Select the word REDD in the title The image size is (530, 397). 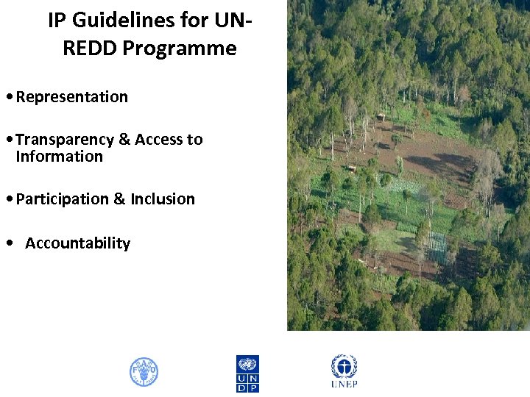90,49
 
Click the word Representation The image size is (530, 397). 71,97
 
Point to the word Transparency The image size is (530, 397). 63,140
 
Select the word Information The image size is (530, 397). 59,157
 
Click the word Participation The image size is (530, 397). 62,199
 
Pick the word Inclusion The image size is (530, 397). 163,199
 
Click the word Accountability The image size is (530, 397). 77,243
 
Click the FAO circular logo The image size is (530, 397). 144,372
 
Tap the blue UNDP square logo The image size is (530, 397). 247,373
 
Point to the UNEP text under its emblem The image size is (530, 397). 344,385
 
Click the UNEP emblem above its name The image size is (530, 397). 344,366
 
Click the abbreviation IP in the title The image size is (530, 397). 57,21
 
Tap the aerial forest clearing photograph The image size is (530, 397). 408,165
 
